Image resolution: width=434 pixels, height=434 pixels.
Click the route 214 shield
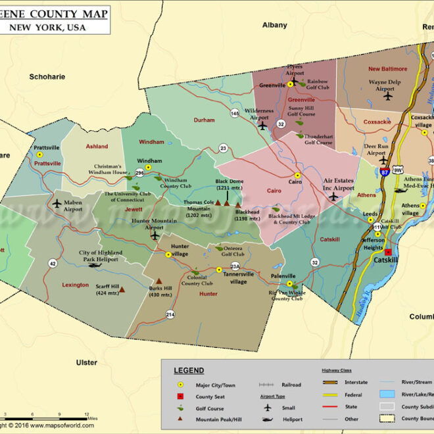pos(170,315)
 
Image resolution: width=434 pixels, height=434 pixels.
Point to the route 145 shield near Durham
pos(235,114)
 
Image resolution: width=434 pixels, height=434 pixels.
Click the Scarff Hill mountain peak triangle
pos(122,288)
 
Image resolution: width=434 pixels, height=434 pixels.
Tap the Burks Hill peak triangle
pos(158,281)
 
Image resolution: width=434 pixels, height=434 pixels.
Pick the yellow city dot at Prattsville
pos(39,155)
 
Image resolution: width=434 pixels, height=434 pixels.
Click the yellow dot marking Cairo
pos(297,175)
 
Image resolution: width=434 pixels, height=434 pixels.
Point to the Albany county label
pos(275,25)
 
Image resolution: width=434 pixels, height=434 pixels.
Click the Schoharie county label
pos(47,77)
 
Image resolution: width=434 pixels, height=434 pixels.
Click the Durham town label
pos(205,120)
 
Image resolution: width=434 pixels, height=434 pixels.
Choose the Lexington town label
pos(76,285)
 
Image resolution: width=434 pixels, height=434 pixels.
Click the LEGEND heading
pos(189,371)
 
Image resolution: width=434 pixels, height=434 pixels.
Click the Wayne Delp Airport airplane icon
pos(387,97)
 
